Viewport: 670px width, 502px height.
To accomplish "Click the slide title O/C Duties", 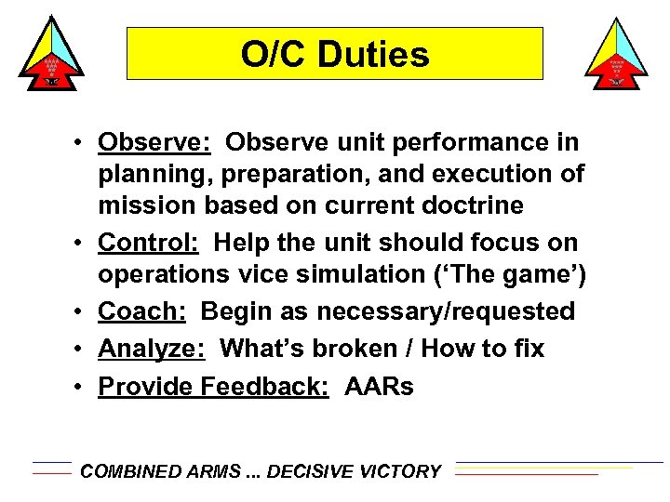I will point(335,55).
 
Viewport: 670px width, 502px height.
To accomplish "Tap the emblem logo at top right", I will point(616,55).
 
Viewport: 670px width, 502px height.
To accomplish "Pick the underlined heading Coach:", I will point(142,311).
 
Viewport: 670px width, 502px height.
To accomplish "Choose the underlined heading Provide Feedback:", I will point(213,386).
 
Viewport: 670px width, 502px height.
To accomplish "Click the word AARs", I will point(379,386).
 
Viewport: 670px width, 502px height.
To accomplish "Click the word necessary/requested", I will point(446,311).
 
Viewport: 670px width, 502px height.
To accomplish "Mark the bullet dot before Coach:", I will point(84,312).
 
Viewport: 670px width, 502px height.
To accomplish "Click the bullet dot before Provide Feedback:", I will point(84,387).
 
